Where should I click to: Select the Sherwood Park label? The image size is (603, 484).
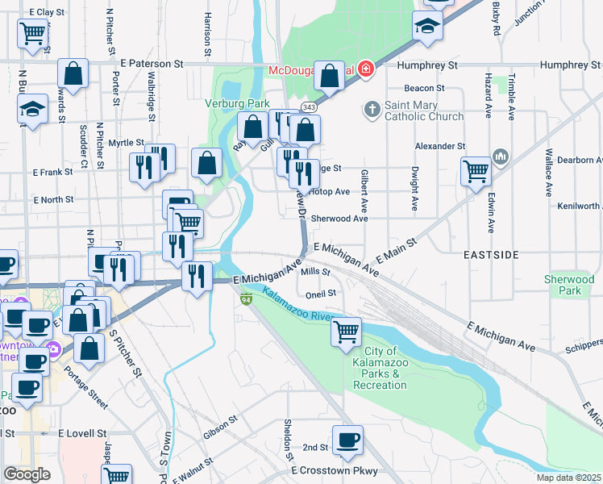569,285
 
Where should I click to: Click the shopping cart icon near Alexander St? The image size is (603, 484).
476,170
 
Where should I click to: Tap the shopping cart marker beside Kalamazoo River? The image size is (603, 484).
346,330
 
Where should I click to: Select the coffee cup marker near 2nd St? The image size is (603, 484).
347,440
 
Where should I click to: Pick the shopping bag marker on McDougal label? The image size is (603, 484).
330,77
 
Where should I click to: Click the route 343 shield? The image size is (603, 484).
309,107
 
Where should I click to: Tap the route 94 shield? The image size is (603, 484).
245,300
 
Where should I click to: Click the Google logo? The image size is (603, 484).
27,474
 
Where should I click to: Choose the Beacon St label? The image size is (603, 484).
424,88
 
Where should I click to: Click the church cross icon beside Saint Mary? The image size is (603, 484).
372,108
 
